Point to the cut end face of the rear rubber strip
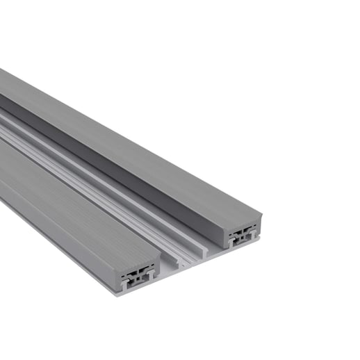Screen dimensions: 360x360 [x=243, y=224]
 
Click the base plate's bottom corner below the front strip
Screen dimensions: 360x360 [x=115, y=292]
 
